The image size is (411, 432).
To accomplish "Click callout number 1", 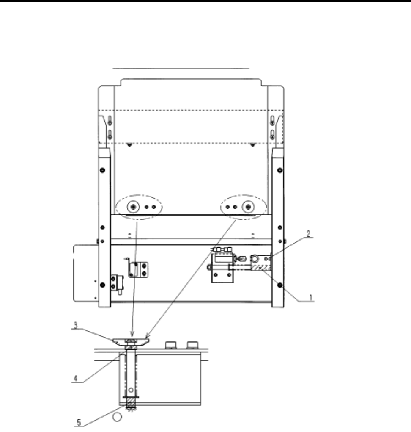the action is pos(311,298).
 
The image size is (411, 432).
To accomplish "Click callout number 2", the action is pos(308,234).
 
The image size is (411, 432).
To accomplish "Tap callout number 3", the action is pos(75,325).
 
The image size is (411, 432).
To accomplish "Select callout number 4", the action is pos(75,379).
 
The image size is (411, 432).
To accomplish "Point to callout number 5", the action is pos(79,422).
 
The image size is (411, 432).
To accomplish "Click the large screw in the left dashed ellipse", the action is pos(134,207).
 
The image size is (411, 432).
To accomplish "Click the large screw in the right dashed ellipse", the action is pos(248,207).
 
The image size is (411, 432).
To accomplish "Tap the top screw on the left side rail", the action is pos(102,170).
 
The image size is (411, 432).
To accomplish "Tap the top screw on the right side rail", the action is pos(280,170).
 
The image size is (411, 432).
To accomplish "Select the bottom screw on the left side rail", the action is pos(102,285).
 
